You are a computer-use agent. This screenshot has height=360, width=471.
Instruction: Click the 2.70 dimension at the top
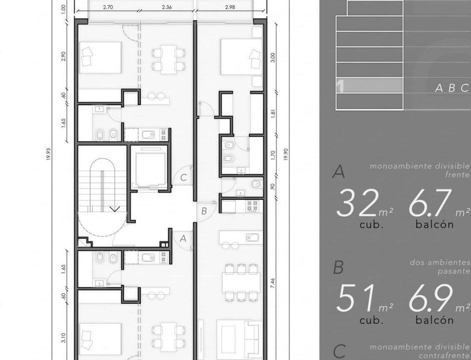(x=108, y=7)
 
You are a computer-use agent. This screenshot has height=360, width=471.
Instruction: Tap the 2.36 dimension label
(x=167, y=7)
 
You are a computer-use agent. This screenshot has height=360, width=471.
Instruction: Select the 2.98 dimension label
(x=230, y=7)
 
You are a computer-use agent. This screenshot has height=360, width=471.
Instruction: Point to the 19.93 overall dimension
(x=48, y=154)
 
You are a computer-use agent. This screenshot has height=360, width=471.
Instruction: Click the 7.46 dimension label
(x=273, y=283)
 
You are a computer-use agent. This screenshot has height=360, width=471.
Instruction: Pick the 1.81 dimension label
(x=273, y=114)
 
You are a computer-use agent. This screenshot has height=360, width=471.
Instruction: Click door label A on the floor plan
(x=183, y=239)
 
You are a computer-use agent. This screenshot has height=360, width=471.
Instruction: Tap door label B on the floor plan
(x=204, y=211)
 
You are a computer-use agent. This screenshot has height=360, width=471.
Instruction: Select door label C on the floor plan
(x=183, y=178)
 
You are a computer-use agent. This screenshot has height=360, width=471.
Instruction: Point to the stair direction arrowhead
(x=115, y=209)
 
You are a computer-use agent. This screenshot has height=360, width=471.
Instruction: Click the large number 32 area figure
(x=357, y=203)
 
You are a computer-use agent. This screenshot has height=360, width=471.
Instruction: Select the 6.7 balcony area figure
(x=430, y=203)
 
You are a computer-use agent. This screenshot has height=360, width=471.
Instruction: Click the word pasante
(x=454, y=271)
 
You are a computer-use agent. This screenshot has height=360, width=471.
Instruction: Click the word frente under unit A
(x=457, y=175)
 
